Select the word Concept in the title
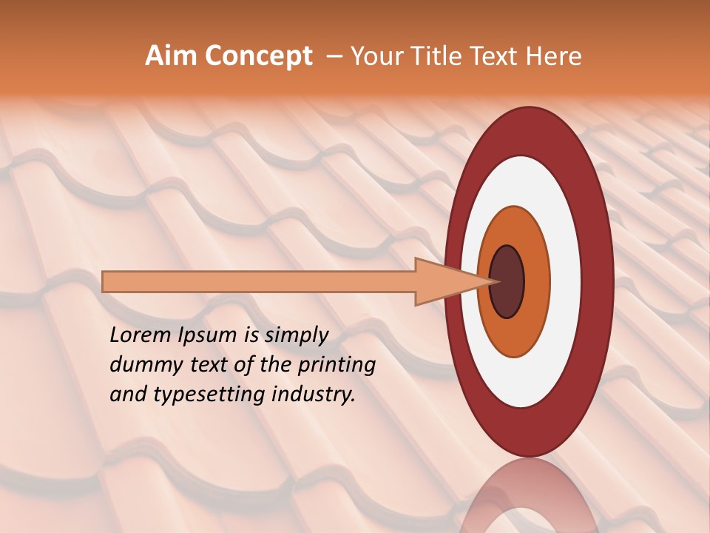click(258, 56)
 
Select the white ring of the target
click(565, 281)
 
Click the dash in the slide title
click(334, 56)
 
